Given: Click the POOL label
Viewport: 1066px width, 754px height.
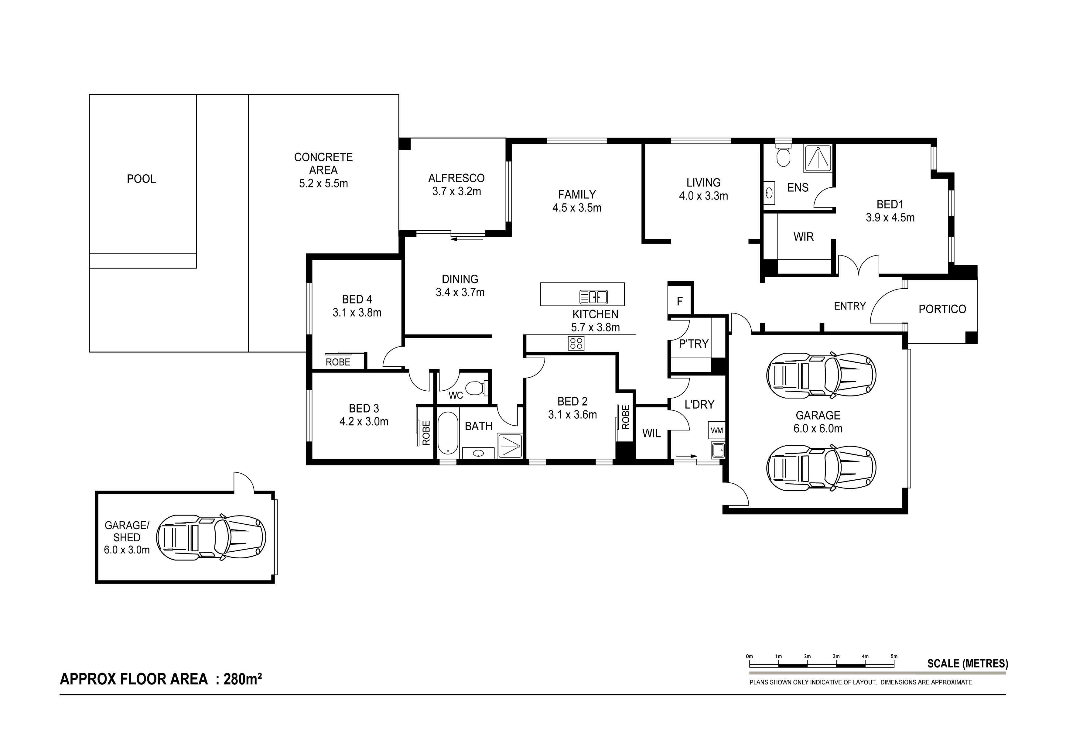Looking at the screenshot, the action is pyautogui.click(x=141, y=179).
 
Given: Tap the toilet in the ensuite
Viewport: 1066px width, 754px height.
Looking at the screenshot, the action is pyautogui.click(x=783, y=154).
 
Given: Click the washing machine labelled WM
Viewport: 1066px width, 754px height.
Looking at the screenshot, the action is pyautogui.click(x=716, y=430).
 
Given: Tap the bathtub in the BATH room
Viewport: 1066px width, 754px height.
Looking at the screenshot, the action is pyautogui.click(x=448, y=433).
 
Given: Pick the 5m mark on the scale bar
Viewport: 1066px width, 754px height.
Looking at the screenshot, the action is pyautogui.click(x=894, y=656).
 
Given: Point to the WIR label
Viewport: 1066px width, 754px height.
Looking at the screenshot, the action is pyautogui.click(x=804, y=237).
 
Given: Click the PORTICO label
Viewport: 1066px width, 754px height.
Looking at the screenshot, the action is pyautogui.click(x=942, y=309).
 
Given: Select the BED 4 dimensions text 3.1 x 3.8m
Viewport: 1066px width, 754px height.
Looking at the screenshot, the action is pyautogui.click(x=357, y=313).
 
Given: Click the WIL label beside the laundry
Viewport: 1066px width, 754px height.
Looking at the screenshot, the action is pyautogui.click(x=651, y=433).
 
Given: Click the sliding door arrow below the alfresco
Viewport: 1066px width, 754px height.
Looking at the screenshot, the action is pyautogui.click(x=467, y=239).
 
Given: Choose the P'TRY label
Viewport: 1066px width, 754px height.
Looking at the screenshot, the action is pyautogui.click(x=694, y=344).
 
